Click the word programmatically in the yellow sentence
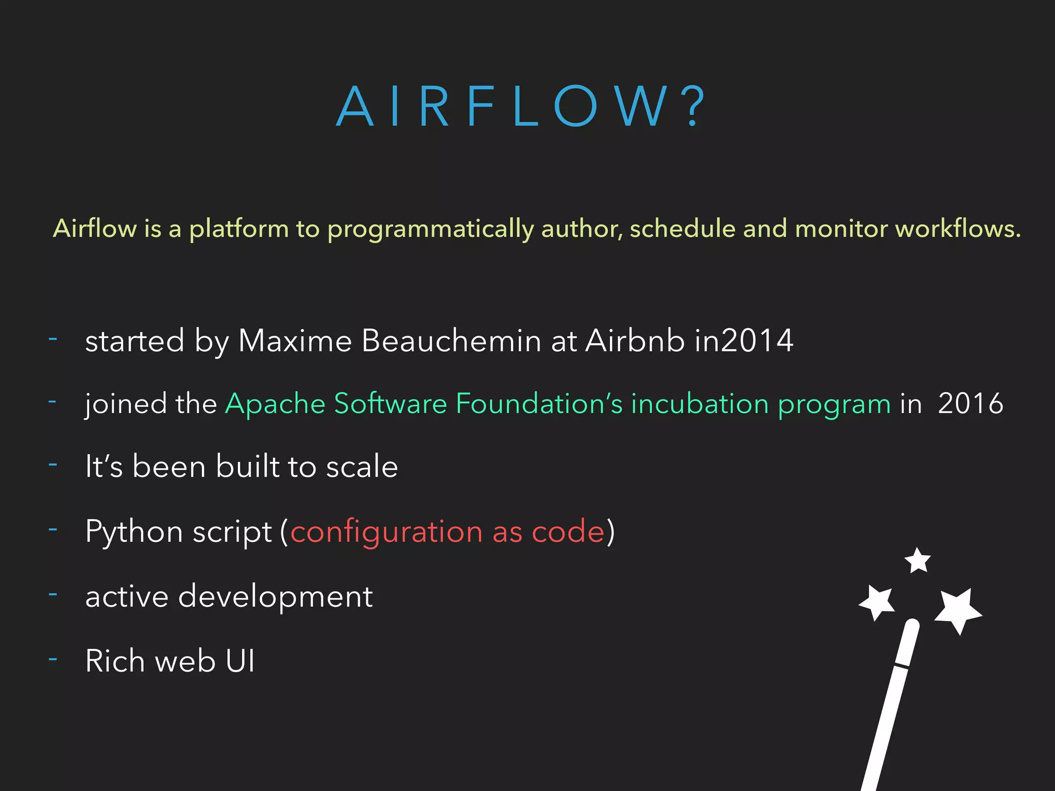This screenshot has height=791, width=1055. coord(430,229)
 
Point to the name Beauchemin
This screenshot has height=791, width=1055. coord(451,340)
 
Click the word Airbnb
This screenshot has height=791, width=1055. coord(635,340)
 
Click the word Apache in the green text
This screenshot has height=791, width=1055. coord(275,403)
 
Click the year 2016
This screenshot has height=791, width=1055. coord(971,403)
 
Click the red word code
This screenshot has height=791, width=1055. coord(568,531)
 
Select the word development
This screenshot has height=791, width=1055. coord(275,597)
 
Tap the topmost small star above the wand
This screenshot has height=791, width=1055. coord(917,561)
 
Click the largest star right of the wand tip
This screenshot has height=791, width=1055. coord(958,610)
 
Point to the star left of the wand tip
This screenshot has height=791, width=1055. coord(877,601)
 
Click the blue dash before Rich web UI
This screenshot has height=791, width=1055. coord(53,659)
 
